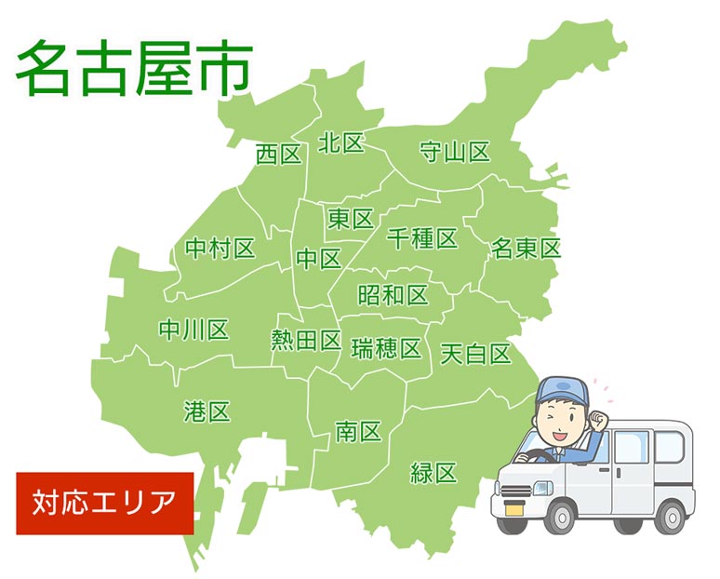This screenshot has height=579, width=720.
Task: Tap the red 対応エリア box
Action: tap(104, 503)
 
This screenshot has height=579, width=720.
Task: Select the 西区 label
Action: tap(279, 155)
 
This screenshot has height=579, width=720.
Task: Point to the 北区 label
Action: tap(340, 143)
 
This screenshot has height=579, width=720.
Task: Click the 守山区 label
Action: tap(454, 152)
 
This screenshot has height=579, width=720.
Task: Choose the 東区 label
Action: tap(351, 219)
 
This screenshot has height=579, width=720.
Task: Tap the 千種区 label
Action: tap(422, 238)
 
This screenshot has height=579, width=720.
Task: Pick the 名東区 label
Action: tap(527, 249)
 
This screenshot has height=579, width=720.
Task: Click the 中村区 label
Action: tap(220, 249)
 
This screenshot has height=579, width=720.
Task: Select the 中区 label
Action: tap(319, 259)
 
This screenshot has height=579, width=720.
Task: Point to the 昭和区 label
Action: tap(393, 295)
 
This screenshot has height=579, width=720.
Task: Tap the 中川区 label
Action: tap(193, 330)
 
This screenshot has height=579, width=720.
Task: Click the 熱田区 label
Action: tap(306, 341)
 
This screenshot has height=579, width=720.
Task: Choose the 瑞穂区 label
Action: tap(386, 349)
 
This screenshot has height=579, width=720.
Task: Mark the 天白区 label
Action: tap(475, 354)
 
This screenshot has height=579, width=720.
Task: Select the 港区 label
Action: tap(207, 411)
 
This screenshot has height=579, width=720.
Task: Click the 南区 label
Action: tap(358, 431)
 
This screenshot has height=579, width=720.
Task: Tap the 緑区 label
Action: tap(433, 472)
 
